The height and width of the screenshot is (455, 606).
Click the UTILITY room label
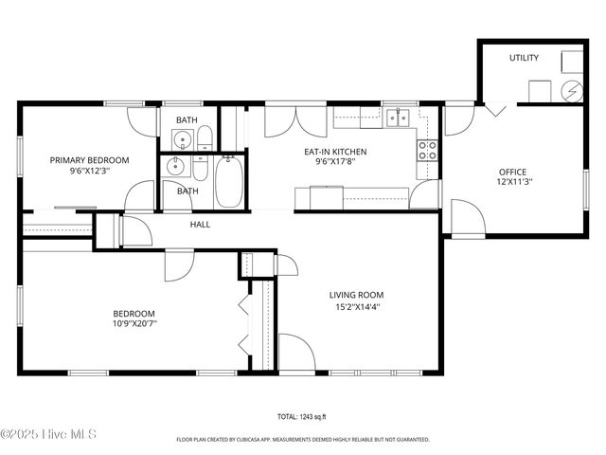(x=524, y=58)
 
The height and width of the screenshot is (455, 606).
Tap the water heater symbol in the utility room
(x=572, y=91)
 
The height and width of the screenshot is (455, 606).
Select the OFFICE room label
(x=512, y=172)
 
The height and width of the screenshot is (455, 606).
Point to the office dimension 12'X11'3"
(x=512, y=183)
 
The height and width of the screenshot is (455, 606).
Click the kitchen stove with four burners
(x=427, y=149)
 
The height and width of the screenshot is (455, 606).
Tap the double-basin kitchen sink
(x=398, y=118)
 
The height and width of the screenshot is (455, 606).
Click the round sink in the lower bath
(x=174, y=167)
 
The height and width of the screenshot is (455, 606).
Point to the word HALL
(x=200, y=225)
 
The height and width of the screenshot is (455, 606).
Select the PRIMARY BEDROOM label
(x=89, y=160)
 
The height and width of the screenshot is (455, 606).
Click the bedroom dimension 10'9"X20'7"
(x=134, y=323)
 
